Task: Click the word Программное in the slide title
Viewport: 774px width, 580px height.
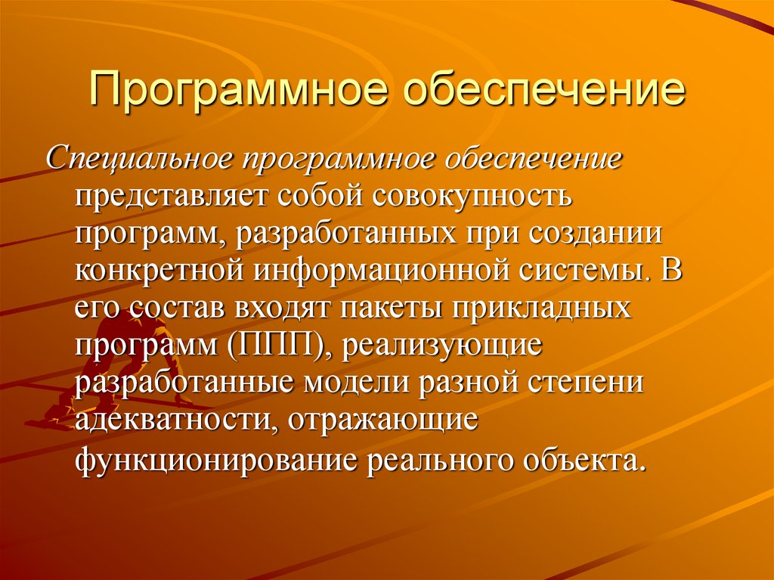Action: tap(238, 90)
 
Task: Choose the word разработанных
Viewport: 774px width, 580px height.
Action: tap(345, 234)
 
